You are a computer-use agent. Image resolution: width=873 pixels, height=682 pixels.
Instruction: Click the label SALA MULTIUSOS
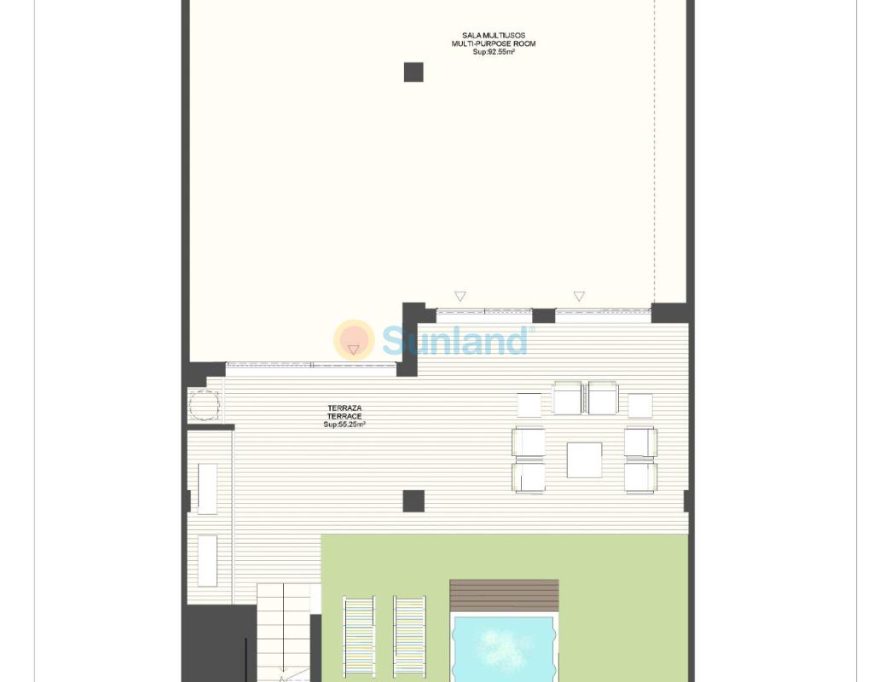pyautogui.click(x=494, y=35)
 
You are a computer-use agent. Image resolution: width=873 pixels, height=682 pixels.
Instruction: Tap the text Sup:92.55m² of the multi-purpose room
pyautogui.click(x=494, y=52)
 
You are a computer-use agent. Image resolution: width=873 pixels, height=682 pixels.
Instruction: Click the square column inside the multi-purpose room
pyautogui.click(x=413, y=72)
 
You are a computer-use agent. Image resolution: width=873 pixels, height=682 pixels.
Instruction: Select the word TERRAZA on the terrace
pyautogui.click(x=344, y=408)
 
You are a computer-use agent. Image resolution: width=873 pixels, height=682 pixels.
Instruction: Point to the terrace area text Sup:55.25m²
pyautogui.click(x=344, y=425)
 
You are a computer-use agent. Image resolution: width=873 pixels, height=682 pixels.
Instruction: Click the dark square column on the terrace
pyautogui.click(x=413, y=501)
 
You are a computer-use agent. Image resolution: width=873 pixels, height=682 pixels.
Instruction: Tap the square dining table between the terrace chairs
pyautogui.click(x=584, y=459)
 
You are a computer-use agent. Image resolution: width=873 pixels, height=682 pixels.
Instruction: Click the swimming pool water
pyautogui.click(x=504, y=649)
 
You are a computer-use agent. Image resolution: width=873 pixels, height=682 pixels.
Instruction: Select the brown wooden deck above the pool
pyautogui.click(x=504, y=596)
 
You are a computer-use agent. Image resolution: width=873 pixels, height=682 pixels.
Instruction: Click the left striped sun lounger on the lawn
pyautogui.click(x=359, y=637)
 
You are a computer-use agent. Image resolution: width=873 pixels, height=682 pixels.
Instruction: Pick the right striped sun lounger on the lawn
pyautogui.click(x=410, y=637)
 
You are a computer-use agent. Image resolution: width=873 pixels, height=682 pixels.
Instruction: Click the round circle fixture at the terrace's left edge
pyautogui.click(x=205, y=405)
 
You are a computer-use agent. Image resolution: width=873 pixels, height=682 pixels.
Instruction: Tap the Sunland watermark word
pyautogui.click(x=455, y=341)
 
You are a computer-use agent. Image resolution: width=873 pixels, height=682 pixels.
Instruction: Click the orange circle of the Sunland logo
pyautogui.click(x=354, y=339)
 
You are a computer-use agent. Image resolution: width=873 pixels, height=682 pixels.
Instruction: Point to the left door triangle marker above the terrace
pyautogui.click(x=460, y=296)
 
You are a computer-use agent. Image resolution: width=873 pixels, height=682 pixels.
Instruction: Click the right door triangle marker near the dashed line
pyautogui.click(x=579, y=296)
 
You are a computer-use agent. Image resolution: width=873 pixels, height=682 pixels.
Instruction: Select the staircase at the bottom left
pyautogui.click(x=283, y=632)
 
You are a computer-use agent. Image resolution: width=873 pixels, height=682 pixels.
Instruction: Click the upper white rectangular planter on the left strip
pyautogui.click(x=208, y=488)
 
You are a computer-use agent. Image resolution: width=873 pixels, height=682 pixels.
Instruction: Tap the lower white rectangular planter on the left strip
pyautogui.click(x=208, y=561)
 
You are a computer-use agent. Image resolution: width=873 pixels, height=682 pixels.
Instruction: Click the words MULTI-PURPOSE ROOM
pyautogui.click(x=494, y=43)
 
